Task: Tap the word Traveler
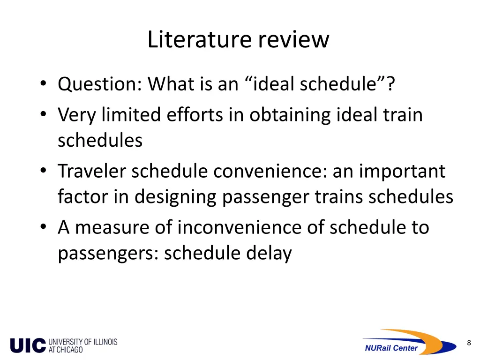pos(92,171)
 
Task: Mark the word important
pos(402,171)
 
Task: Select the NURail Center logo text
pos(391,348)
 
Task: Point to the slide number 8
pos(469,343)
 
